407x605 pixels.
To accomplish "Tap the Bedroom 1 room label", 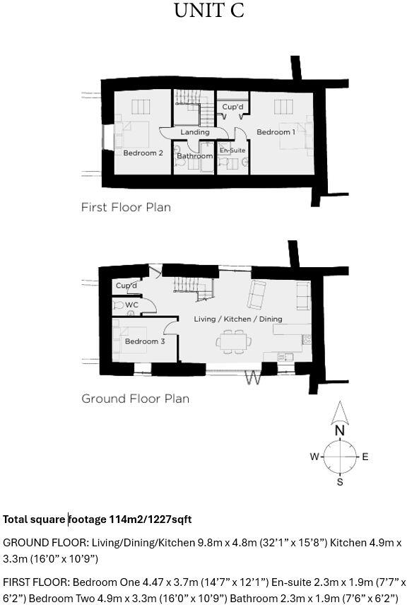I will coord(275,132).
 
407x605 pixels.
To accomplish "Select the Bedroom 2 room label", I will coord(143,153).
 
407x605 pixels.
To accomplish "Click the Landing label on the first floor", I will coord(194,132).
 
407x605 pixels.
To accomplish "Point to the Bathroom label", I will coord(194,155).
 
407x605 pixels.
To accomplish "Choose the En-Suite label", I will coord(232,151).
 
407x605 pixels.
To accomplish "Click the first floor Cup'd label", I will coord(232,107).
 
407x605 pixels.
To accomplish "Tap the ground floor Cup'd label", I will coord(126,286).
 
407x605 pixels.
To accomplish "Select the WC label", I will coord(131,305).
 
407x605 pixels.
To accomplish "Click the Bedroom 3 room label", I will coord(145,341).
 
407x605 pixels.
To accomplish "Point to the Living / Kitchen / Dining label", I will coord(238,319).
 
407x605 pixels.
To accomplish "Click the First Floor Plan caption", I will coord(126,208).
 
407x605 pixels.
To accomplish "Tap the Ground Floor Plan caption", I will coord(135,399).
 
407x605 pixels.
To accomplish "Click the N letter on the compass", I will coord(340,430).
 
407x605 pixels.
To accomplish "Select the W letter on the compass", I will coord(314,457).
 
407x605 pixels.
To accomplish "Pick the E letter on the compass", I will coord(365,457).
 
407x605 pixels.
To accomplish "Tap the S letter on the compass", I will coord(340,482).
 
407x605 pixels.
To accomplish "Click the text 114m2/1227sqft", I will coord(150,519).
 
